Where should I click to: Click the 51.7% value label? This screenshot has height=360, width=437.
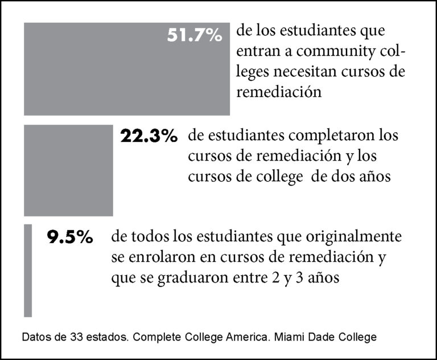point(195,35)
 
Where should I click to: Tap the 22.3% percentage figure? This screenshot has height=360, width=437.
point(149,136)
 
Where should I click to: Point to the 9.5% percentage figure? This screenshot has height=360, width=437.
point(69,238)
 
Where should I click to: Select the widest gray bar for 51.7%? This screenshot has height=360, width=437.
point(127,69)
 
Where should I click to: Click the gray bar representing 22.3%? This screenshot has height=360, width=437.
point(68,170)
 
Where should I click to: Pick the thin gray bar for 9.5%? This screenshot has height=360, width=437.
point(28,271)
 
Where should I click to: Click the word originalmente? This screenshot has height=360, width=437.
point(354,237)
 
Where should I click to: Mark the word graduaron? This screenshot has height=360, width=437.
point(192,278)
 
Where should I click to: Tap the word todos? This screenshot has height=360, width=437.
point(150,237)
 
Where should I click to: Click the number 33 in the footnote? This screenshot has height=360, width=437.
point(77,337)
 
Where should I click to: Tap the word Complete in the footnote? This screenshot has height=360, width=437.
point(158,337)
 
